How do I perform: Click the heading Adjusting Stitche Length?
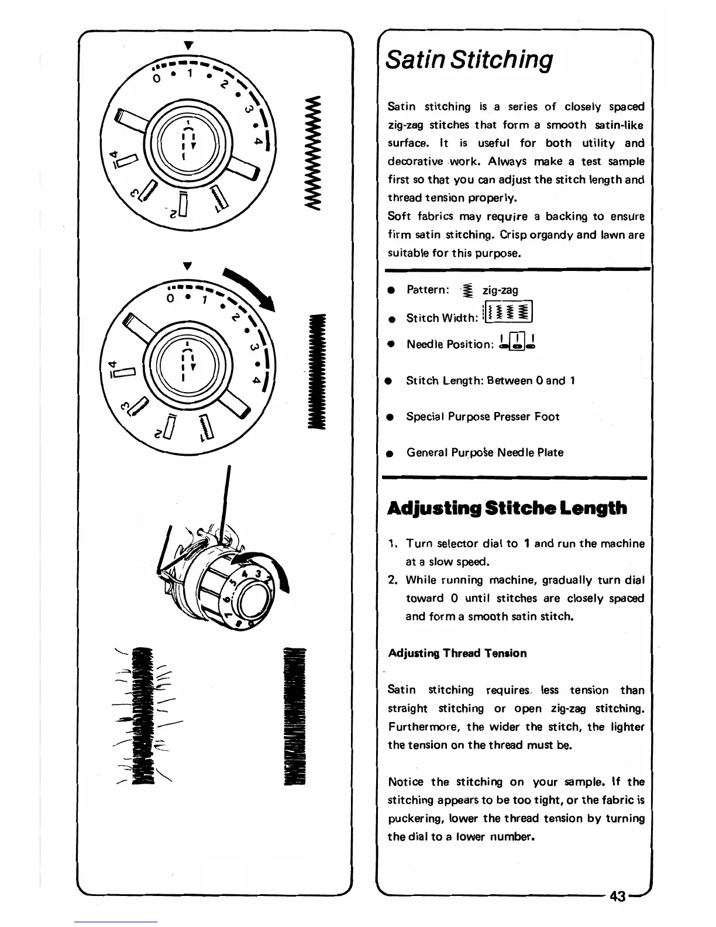pos(507,508)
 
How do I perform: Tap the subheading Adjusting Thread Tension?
pos(457,653)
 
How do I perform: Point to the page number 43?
pos(618,896)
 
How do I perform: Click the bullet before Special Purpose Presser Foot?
pos(388,417)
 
